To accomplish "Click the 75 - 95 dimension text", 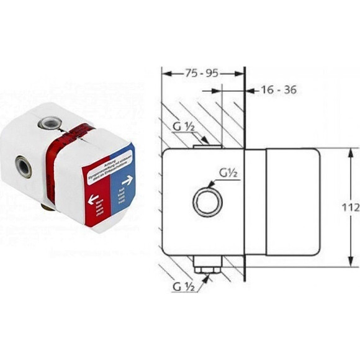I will (x=202, y=73).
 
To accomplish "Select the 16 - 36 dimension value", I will (x=277, y=90).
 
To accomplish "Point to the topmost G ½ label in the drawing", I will (x=184, y=128).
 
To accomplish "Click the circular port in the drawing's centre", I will (x=207, y=203).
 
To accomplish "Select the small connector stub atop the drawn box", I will (x=206, y=146).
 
